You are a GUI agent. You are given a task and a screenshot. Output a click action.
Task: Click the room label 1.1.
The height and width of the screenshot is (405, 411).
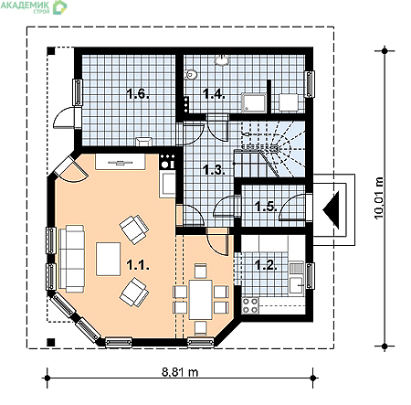pos(138,265)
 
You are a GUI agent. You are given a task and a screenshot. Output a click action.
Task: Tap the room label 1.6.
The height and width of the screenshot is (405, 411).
pos(138,93)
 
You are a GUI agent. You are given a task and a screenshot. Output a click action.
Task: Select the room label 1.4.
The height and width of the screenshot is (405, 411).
pos(214,93)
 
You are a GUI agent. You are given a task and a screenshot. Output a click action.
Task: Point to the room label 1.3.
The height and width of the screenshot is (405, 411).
pos(214,170)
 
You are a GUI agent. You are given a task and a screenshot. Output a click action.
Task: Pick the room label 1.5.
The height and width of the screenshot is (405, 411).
pos(266,207)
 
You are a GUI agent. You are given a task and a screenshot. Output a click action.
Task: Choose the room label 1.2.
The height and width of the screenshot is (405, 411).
pos(266,265)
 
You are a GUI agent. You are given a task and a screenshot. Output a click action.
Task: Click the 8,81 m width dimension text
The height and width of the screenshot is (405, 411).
pos(180,372)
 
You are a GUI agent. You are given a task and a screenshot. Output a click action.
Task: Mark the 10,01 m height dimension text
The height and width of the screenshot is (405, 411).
pos(379,197)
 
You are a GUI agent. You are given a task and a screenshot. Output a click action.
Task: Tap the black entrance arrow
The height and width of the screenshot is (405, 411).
pos(331,210)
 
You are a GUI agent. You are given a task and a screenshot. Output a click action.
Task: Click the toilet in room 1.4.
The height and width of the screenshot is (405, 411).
pos(190,74)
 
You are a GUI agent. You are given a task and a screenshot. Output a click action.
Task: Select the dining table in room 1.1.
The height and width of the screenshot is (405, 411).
pos(200,300)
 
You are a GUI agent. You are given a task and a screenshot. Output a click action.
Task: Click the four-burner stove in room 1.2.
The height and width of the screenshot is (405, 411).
pos(250,305)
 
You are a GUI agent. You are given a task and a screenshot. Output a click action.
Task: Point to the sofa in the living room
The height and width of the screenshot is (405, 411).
pos(72,259)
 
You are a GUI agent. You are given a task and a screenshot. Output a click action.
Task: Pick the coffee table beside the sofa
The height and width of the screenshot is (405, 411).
pos(109,259)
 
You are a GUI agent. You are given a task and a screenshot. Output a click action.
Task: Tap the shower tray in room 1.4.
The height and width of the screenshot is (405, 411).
pos(254,102)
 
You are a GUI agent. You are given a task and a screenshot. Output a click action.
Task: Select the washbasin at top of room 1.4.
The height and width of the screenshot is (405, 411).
pos(222,60)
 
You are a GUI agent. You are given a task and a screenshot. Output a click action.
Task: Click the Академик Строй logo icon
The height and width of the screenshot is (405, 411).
pos(59,7)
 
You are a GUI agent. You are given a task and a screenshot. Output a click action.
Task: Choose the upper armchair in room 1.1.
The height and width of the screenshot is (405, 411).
pos(134,229)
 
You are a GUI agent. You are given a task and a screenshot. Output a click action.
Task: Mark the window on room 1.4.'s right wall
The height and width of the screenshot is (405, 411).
pos(310,84)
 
